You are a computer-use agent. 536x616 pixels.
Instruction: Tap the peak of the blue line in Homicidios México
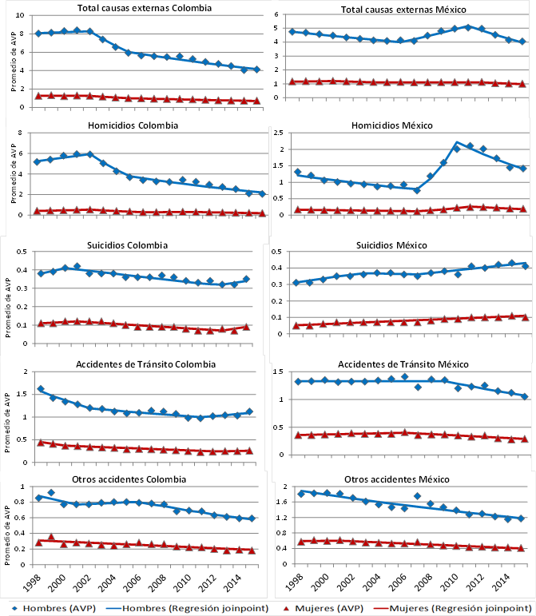tap(456, 142)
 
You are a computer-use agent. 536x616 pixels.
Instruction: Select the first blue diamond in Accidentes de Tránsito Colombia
tap(40, 389)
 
